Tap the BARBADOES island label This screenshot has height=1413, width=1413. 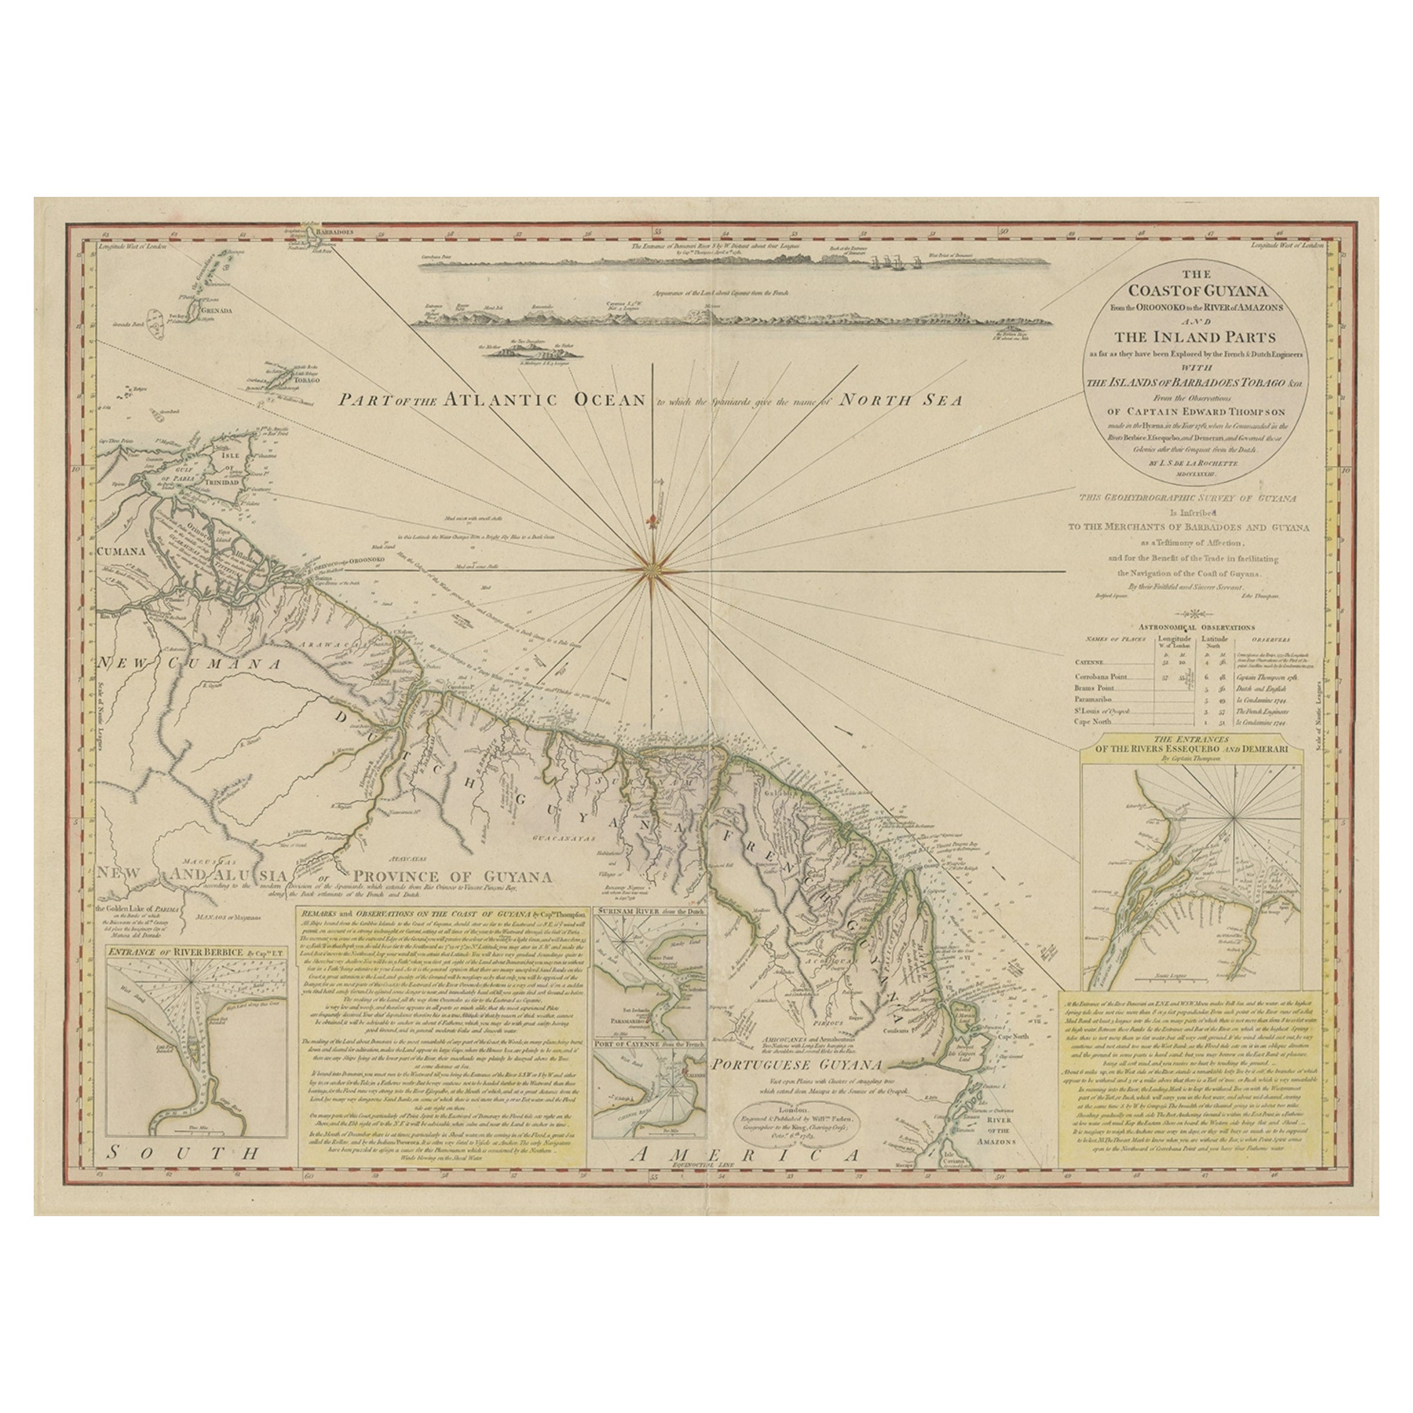click(x=336, y=231)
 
